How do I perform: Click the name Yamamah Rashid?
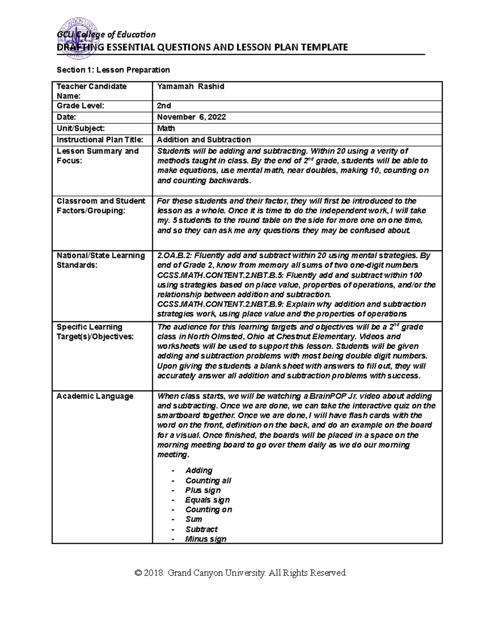pyautogui.click(x=190, y=86)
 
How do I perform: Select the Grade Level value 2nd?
pyautogui.click(x=164, y=106)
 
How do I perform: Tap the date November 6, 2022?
pyautogui.click(x=191, y=117)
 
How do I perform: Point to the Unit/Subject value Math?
pyautogui.click(x=166, y=128)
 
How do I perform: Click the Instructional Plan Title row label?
pyautogui.click(x=100, y=139)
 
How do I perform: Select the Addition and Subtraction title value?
pyautogui.click(x=204, y=139)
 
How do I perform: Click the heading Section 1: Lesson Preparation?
pyautogui.click(x=113, y=70)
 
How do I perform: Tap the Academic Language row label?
pyautogui.click(x=95, y=396)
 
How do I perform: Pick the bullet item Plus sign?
pyautogui.click(x=203, y=490)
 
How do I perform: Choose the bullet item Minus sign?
pyautogui.click(x=206, y=539)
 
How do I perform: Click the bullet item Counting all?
pyautogui.click(x=208, y=481)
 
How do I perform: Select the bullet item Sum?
pyautogui.click(x=194, y=519)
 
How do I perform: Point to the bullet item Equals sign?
pyautogui.click(x=207, y=500)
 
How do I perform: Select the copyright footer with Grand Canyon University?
pyautogui.click(x=241, y=573)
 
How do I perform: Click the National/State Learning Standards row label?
pyautogui.click(x=100, y=260)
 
